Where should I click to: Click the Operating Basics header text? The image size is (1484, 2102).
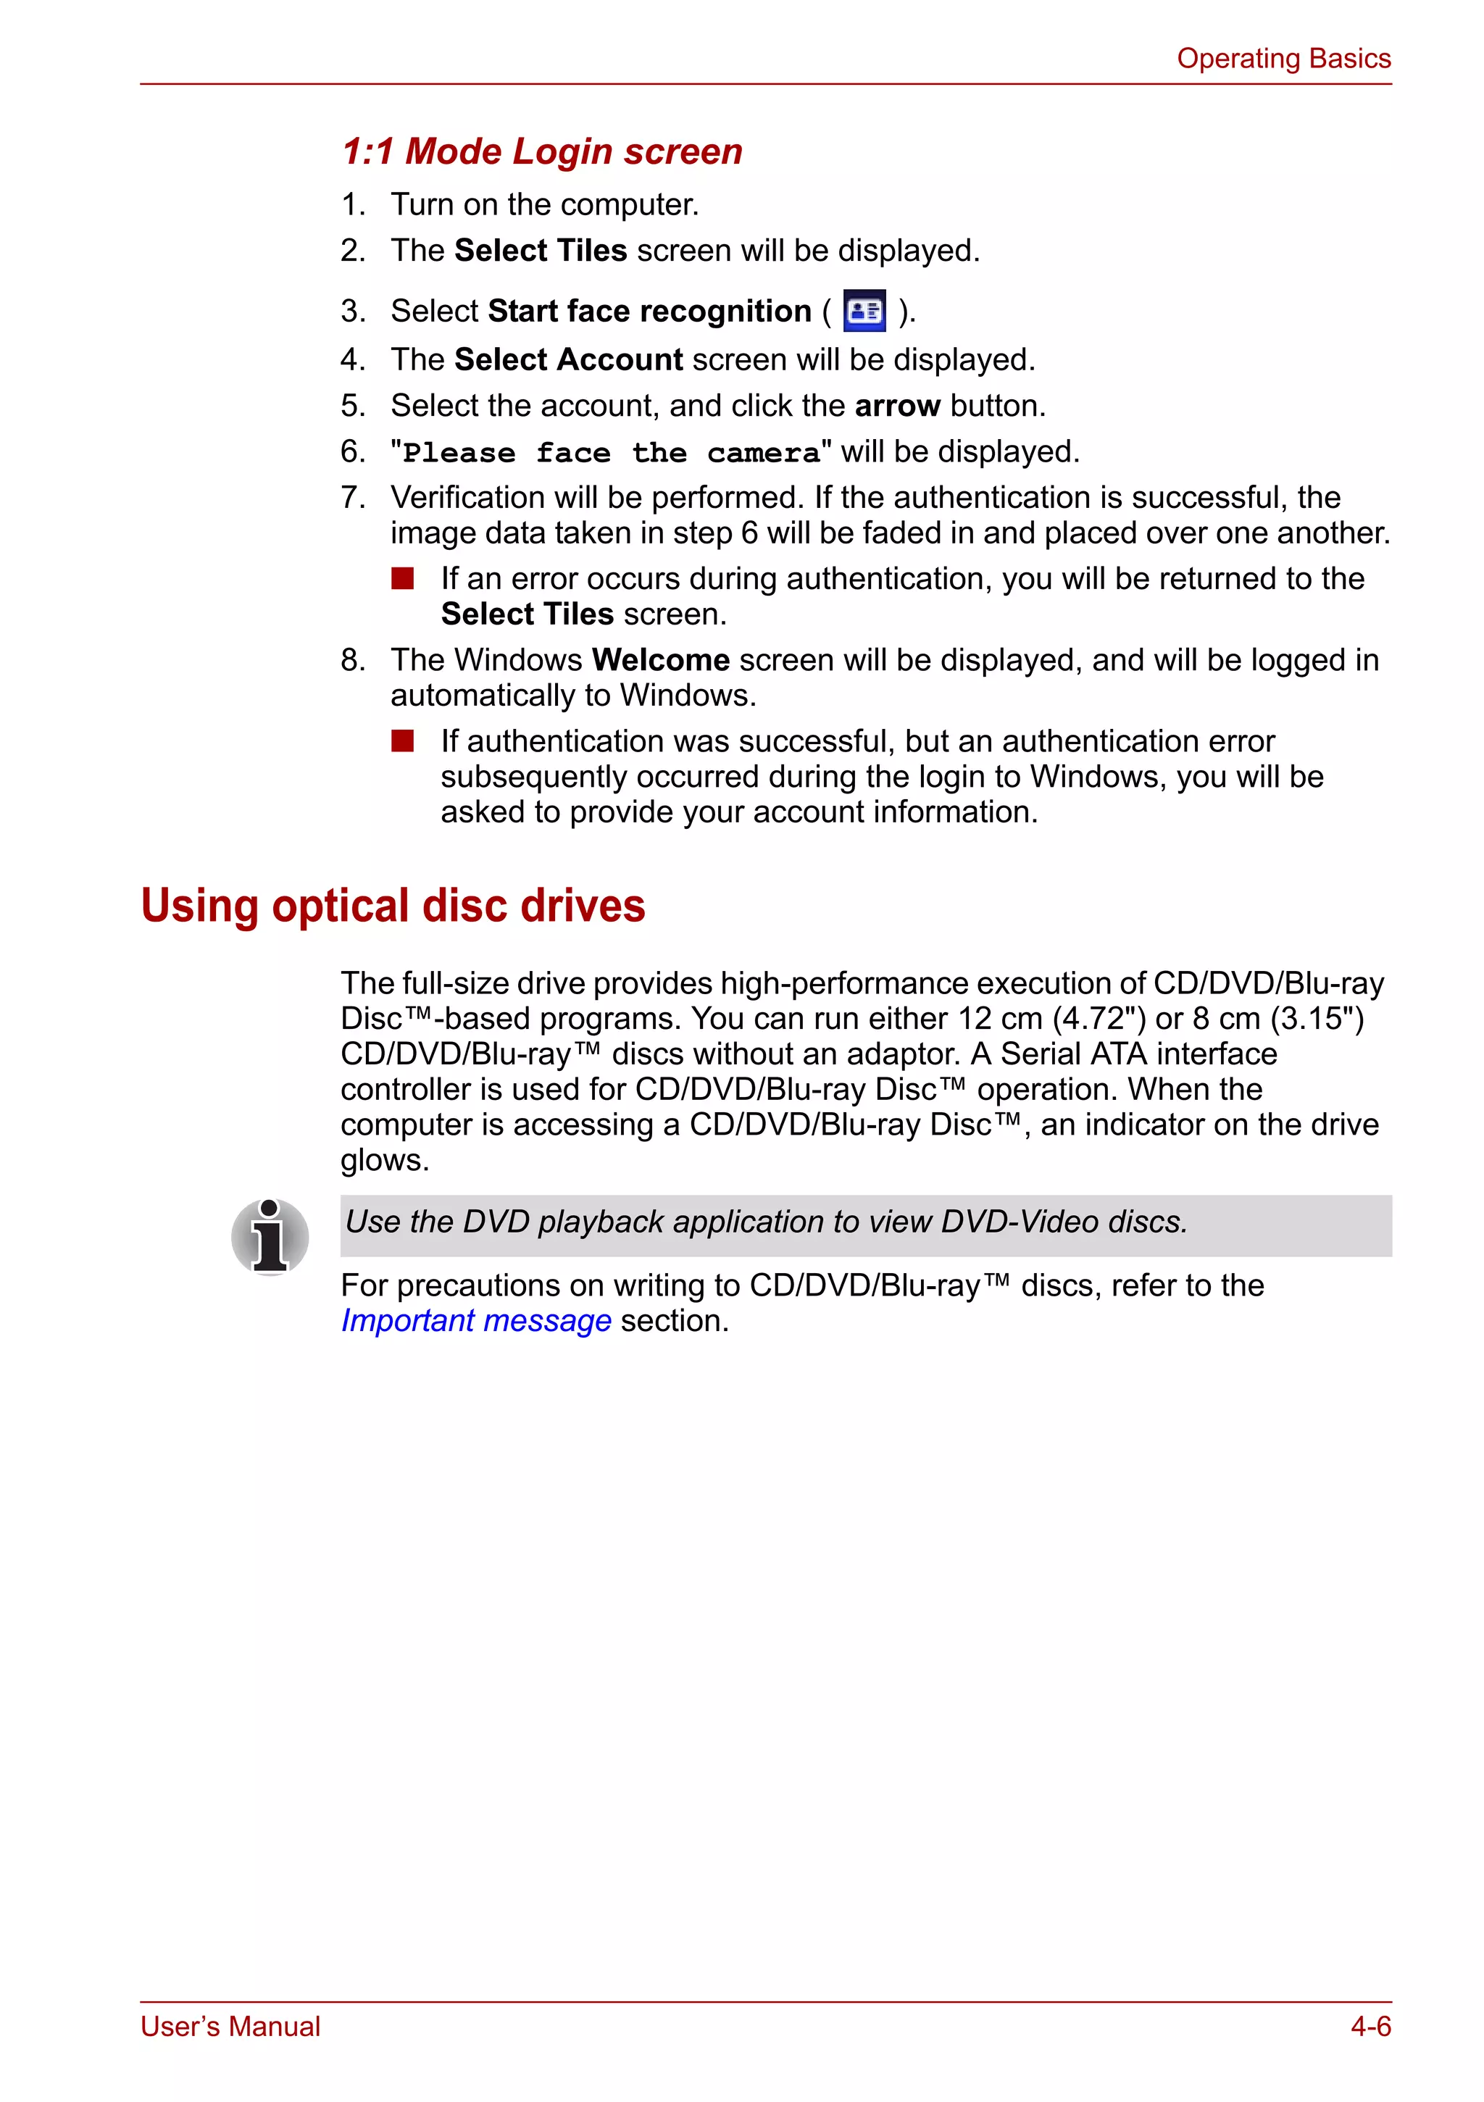click(1283, 59)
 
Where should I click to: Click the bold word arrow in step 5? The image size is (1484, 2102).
click(897, 406)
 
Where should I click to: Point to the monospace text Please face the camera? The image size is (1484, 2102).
click(611, 453)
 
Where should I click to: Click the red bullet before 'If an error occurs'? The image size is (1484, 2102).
click(403, 579)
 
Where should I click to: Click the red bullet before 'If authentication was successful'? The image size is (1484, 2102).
click(403, 741)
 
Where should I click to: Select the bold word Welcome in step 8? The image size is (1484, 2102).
click(660, 660)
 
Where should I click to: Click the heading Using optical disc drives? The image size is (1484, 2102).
click(393, 906)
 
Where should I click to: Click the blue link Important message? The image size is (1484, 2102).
click(475, 1321)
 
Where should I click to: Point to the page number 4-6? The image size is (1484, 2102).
click(1370, 2027)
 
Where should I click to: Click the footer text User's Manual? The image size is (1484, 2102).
click(230, 2027)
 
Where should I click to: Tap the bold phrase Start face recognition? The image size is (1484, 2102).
click(649, 312)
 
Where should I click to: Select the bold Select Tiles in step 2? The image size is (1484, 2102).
click(540, 251)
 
